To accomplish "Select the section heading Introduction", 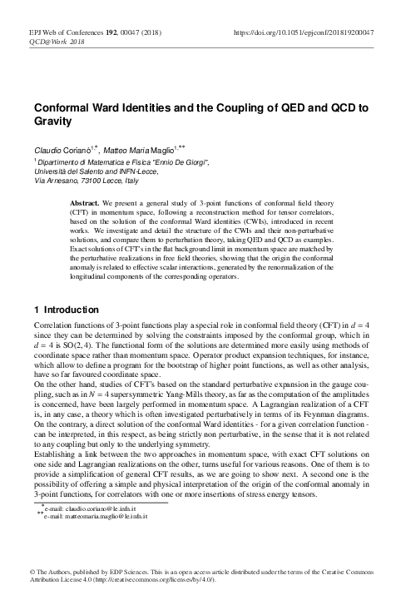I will [x=70, y=310].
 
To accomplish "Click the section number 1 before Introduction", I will [x=33, y=310].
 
